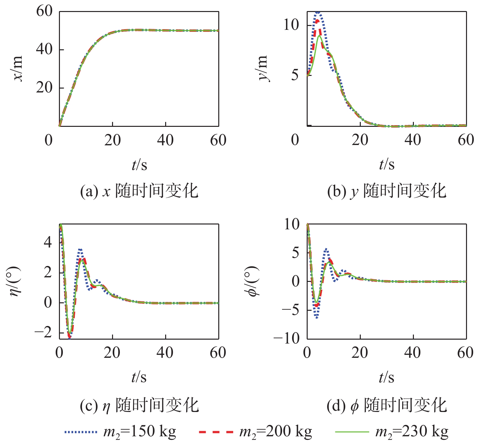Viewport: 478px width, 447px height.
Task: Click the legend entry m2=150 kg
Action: [120, 432]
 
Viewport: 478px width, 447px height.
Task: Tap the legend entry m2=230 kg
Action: [392, 432]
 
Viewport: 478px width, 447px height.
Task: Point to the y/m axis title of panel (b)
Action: [263, 68]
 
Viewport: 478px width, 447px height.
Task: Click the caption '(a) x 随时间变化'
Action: [139, 191]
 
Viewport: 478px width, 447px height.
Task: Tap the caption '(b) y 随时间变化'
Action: [387, 191]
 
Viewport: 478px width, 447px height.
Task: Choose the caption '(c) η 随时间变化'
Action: [139, 405]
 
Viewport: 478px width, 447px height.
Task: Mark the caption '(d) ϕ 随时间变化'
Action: [387, 405]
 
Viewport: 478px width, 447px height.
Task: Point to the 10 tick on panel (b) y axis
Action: [291, 25]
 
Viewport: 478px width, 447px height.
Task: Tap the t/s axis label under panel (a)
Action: [139, 165]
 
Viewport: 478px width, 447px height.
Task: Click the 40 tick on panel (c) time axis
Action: [165, 353]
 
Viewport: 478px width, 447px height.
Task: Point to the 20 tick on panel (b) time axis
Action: [360, 140]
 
